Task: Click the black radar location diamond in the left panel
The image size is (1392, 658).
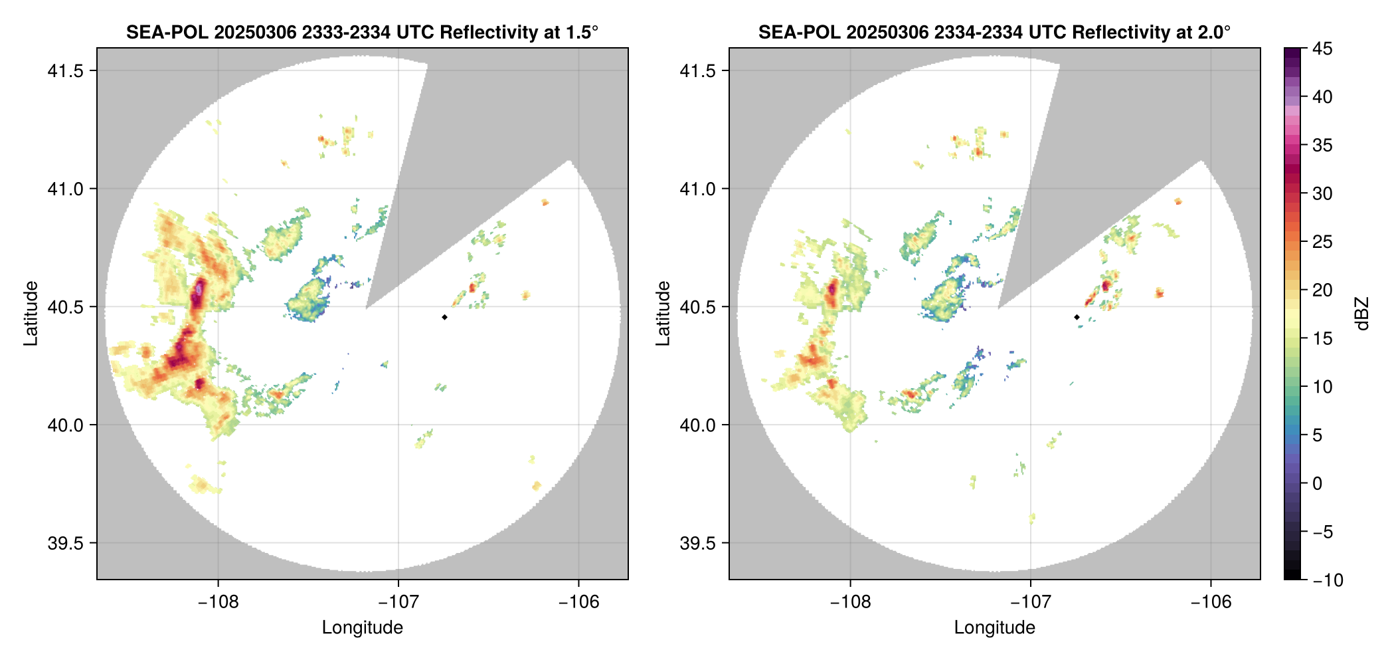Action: tap(444, 317)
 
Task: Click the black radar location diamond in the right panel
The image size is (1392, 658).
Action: tap(1077, 317)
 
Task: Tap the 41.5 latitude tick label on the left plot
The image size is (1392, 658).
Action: tap(65, 71)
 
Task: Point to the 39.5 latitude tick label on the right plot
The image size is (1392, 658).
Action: tap(697, 543)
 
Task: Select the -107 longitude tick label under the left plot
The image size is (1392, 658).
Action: tap(398, 602)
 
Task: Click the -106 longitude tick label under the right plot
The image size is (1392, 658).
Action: tap(1211, 602)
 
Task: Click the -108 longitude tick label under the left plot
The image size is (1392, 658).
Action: tap(218, 602)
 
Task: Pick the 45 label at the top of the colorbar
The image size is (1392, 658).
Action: tap(1322, 49)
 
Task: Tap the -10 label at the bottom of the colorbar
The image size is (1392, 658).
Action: tap(1328, 580)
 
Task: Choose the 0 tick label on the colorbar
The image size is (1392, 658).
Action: tap(1318, 484)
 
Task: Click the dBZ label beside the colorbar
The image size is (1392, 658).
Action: tap(1362, 313)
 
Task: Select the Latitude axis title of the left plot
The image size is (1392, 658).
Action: tap(31, 313)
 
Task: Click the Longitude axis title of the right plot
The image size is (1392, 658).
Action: tap(995, 627)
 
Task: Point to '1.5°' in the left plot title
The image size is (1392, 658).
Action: tap(582, 33)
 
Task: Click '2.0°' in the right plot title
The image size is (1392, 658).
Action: tap(1215, 33)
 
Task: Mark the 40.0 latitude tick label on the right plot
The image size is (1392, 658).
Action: tap(697, 425)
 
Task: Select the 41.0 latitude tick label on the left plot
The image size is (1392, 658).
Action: tap(65, 189)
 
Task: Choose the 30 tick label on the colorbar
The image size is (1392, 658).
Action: tap(1322, 194)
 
